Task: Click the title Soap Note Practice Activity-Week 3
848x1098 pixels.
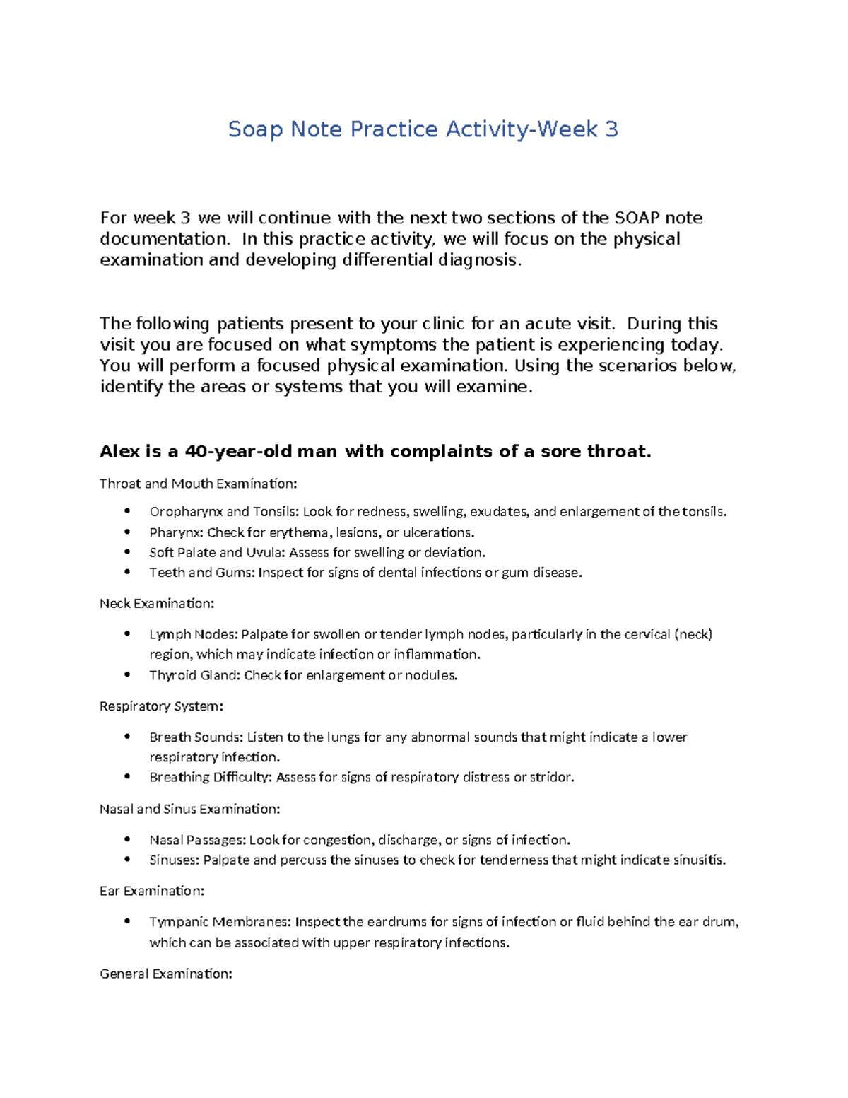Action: coord(423,129)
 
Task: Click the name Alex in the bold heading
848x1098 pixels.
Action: coord(120,452)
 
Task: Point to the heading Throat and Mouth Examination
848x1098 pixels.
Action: coord(199,484)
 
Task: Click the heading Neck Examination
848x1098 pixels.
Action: coord(157,604)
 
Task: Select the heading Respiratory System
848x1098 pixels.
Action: coord(161,706)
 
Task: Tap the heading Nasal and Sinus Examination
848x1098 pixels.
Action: coord(190,809)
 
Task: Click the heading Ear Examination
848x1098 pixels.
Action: coord(152,891)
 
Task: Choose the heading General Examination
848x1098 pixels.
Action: coord(166,974)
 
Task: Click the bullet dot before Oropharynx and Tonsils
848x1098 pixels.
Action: coord(127,511)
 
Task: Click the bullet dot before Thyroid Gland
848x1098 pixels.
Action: coord(127,675)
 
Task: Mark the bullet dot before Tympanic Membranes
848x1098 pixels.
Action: coord(127,921)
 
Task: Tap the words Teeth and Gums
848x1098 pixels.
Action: coord(201,573)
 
